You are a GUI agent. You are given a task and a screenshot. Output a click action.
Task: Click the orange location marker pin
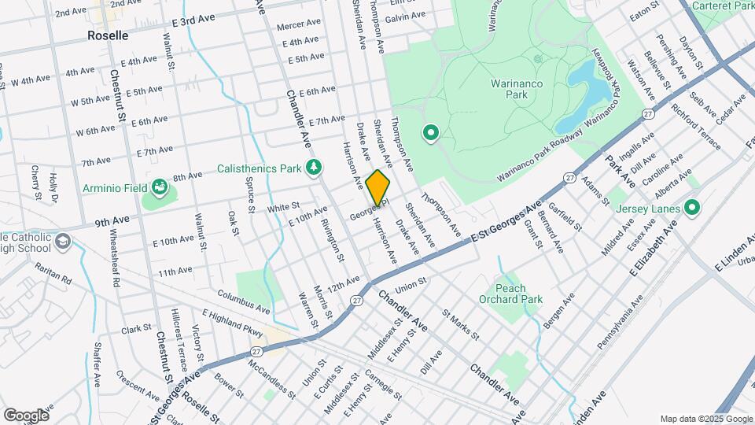click(x=378, y=188)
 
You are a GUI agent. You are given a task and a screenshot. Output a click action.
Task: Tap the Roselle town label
click(x=109, y=36)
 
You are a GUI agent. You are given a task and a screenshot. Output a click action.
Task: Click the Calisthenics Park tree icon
click(x=314, y=167)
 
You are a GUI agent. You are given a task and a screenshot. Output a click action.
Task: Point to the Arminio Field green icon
click(x=160, y=187)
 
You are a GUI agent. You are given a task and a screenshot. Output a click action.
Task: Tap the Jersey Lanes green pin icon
click(x=692, y=208)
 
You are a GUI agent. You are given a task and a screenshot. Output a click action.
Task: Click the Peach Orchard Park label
click(x=510, y=294)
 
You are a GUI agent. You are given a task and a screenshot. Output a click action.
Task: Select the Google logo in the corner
click(x=26, y=415)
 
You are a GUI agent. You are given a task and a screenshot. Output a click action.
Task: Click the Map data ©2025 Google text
click(x=705, y=419)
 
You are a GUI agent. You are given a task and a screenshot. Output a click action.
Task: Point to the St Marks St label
click(x=461, y=325)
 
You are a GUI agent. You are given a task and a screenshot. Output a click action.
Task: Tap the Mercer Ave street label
click(x=299, y=24)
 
